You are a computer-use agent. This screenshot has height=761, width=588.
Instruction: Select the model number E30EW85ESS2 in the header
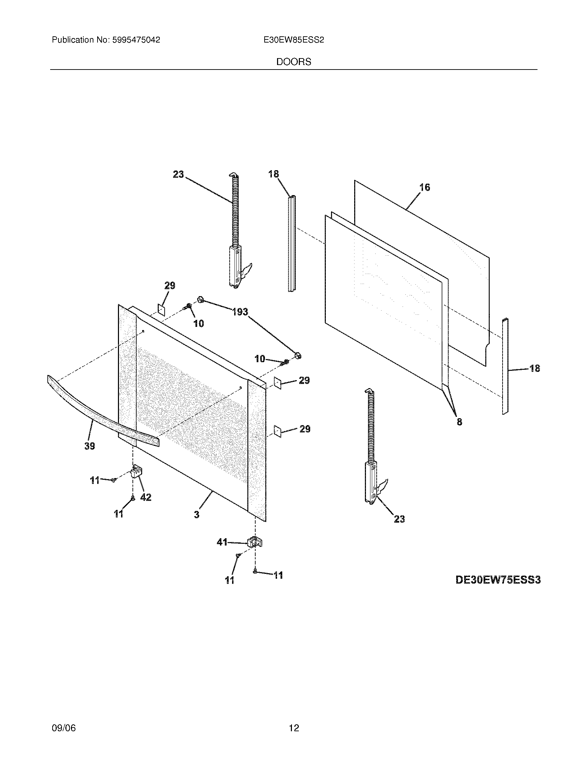(x=294, y=40)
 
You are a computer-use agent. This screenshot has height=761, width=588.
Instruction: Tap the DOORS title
(x=294, y=62)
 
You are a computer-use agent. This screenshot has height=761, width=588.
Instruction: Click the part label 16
(x=425, y=187)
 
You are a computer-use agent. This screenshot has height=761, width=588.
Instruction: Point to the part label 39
(x=90, y=446)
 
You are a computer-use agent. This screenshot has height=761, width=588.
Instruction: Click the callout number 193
(x=240, y=312)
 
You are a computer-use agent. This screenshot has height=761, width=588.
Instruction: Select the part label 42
(x=146, y=497)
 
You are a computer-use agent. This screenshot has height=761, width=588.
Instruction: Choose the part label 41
(x=222, y=542)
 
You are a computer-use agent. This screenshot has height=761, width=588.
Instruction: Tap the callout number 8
(x=459, y=422)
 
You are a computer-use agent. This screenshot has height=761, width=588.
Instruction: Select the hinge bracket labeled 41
(x=255, y=542)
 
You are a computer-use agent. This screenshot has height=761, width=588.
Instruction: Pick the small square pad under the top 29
(x=161, y=309)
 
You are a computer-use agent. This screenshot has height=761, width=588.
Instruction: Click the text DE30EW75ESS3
(x=498, y=580)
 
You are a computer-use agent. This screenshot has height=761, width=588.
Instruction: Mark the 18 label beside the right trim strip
(x=534, y=368)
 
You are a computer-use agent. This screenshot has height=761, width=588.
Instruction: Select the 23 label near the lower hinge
(x=399, y=529)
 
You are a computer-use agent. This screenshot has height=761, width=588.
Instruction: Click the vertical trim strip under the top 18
(x=292, y=244)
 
